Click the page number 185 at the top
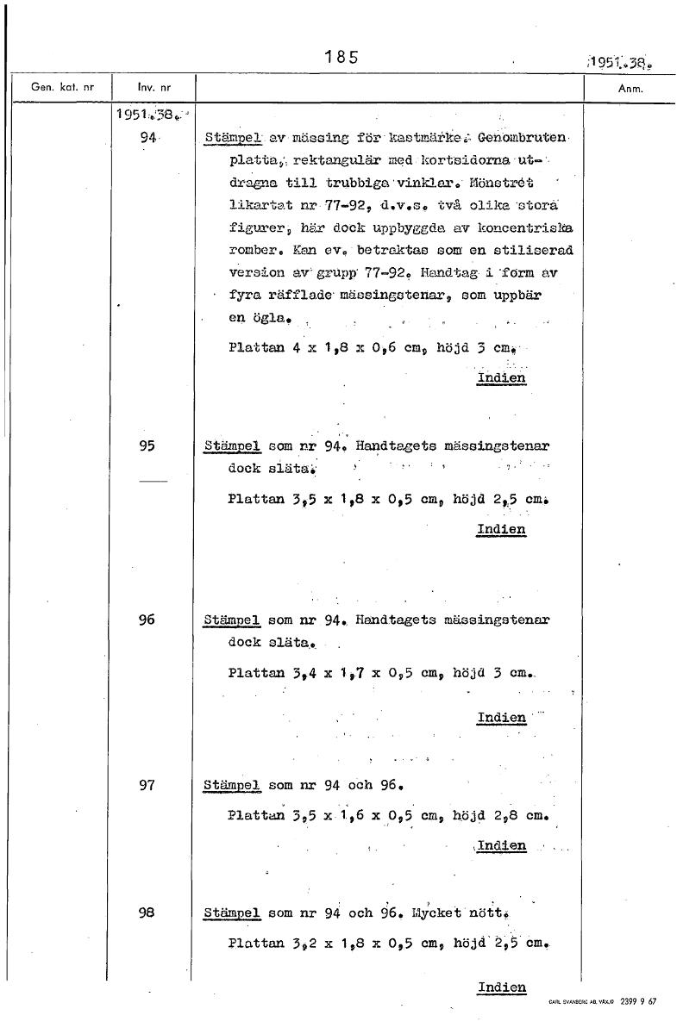(x=341, y=58)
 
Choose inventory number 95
(x=147, y=446)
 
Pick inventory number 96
(x=147, y=619)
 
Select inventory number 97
(x=147, y=785)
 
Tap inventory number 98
(x=147, y=912)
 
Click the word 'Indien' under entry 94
(x=501, y=377)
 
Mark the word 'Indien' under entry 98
(x=501, y=987)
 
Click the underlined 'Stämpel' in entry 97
(x=232, y=786)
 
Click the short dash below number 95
(x=151, y=481)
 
